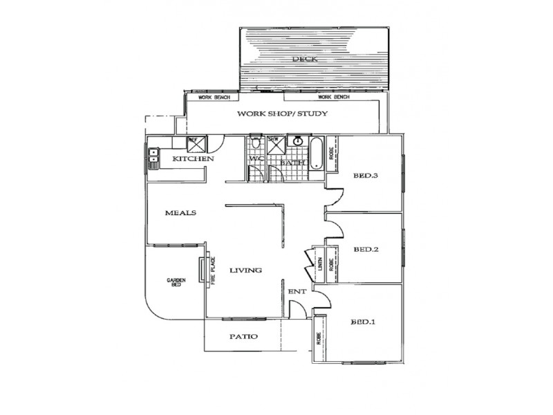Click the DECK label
(x=305, y=59)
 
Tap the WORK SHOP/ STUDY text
(x=282, y=114)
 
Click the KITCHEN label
(x=193, y=159)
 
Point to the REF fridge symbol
(x=194, y=142)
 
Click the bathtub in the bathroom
(x=317, y=154)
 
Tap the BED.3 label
(x=365, y=176)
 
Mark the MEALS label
(x=181, y=213)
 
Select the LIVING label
(x=245, y=270)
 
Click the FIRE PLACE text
(x=214, y=271)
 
